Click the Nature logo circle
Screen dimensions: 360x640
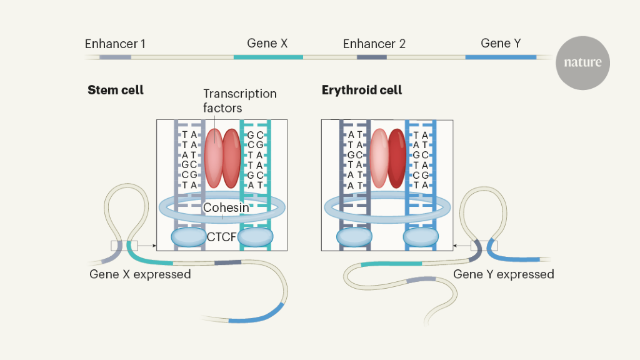(x=582, y=62)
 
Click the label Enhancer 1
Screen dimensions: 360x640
(x=115, y=44)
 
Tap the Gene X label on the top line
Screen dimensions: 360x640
(x=267, y=43)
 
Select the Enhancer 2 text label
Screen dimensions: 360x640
(x=374, y=44)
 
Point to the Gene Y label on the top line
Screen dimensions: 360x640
(x=501, y=43)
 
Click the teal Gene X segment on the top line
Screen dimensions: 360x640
(x=268, y=57)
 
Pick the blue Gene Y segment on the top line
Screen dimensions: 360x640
(x=501, y=57)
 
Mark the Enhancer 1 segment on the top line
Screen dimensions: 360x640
(x=116, y=57)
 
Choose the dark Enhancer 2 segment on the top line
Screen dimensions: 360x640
(x=371, y=57)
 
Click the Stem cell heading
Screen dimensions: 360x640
(x=116, y=90)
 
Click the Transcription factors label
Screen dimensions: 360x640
(x=239, y=101)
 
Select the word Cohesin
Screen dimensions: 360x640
(x=226, y=207)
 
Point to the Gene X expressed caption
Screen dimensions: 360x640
(x=140, y=274)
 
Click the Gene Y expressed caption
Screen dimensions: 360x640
(x=503, y=274)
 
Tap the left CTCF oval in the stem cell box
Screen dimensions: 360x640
(x=188, y=236)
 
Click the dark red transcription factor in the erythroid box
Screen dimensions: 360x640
(x=396, y=158)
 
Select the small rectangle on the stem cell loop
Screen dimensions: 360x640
(x=124, y=246)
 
